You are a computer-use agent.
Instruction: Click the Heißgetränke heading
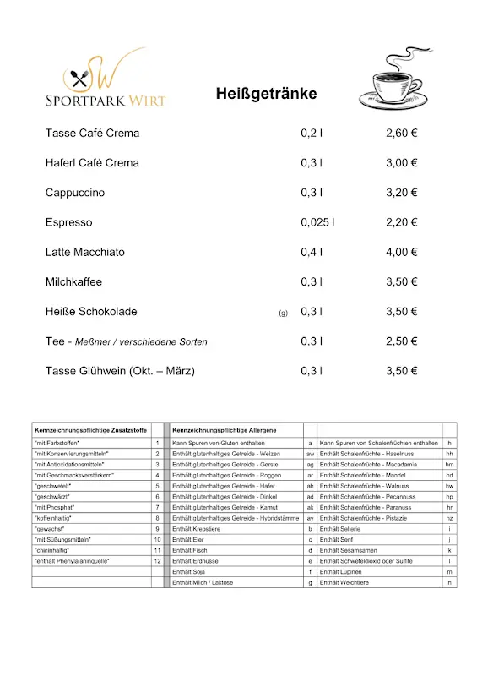[266, 94]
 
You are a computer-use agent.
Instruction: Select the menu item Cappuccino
[75, 193]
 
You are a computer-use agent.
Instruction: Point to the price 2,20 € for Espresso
[402, 222]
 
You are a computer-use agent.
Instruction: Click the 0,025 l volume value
[317, 222]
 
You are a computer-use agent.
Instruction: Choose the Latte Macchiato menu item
[85, 252]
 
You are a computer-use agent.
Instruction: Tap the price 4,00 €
[402, 252]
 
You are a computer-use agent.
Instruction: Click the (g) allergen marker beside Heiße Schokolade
[283, 313]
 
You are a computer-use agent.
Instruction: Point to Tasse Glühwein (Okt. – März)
[120, 371]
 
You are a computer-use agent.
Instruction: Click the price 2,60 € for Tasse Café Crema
[402, 134]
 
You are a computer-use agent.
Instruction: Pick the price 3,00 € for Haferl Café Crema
[402, 163]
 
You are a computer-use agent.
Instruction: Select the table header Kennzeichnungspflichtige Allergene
[224, 430]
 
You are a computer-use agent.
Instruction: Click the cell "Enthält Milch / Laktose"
[203, 582]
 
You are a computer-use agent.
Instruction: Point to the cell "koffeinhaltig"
[53, 517]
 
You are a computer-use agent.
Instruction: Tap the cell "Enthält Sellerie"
[347, 528]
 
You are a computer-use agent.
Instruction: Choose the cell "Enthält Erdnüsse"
[195, 561]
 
